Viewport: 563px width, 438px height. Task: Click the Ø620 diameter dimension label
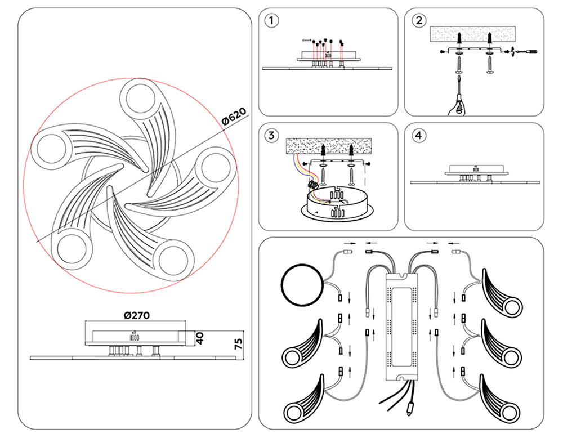click(235, 117)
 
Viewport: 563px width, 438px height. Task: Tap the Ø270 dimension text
click(137, 316)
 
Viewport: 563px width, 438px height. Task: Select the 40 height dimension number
click(199, 338)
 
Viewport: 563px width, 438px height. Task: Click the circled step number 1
click(271, 20)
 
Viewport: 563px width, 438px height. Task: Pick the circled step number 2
click(418, 20)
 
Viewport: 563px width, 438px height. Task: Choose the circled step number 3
click(271, 135)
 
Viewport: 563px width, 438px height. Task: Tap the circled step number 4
click(418, 135)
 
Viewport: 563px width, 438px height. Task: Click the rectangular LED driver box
click(402, 327)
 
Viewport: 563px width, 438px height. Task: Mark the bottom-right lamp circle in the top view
click(173, 260)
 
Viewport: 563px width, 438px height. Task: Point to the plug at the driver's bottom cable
click(409, 409)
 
